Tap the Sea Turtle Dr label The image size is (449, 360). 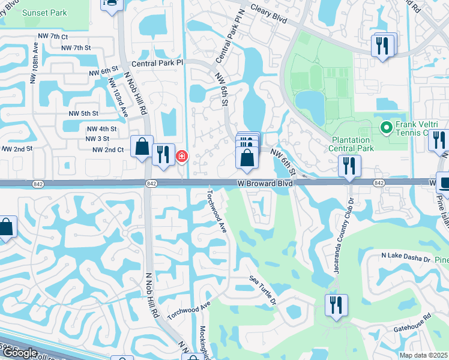tap(263, 290)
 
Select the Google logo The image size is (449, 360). tap(20, 353)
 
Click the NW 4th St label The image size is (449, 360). tap(101, 128)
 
